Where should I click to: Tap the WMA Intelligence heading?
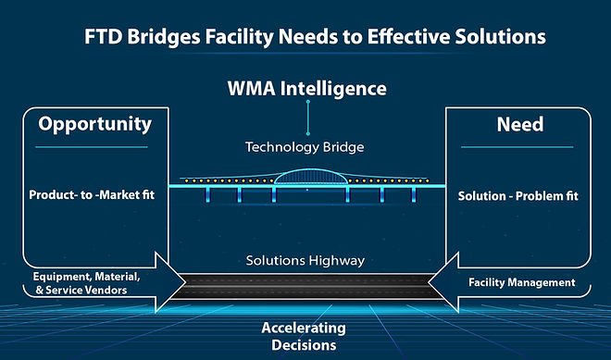(x=306, y=90)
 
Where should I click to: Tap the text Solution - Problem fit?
(x=518, y=196)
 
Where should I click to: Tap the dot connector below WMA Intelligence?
(x=306, y=105)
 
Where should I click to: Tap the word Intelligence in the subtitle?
(x=336, y=90)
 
